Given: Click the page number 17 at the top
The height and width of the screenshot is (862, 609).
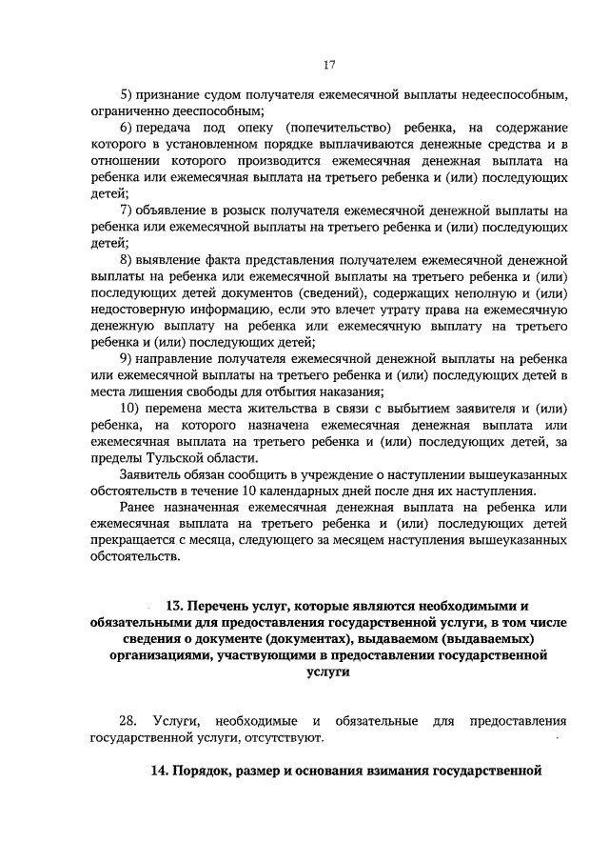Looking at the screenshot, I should (329, 65).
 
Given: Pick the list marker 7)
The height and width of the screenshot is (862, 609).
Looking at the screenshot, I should (126, 210).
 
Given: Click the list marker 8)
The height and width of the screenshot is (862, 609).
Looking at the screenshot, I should (126, 259).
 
